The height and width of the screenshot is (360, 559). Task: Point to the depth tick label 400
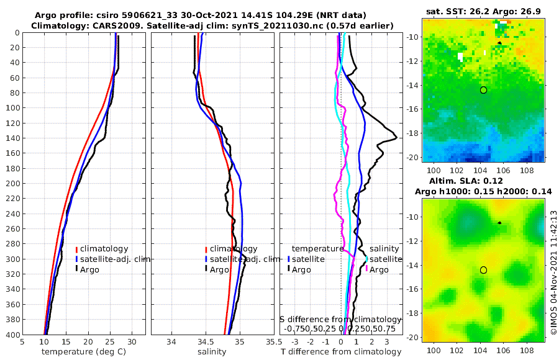click(x=11, y=335)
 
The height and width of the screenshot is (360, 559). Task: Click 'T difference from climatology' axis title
click(x=342, y=352)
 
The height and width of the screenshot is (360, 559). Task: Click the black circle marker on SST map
click(x=483, y=90)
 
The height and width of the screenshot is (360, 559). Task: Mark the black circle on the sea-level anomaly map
click(x=483, y=270)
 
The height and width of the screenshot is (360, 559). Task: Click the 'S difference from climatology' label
click(x=341, y=319)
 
